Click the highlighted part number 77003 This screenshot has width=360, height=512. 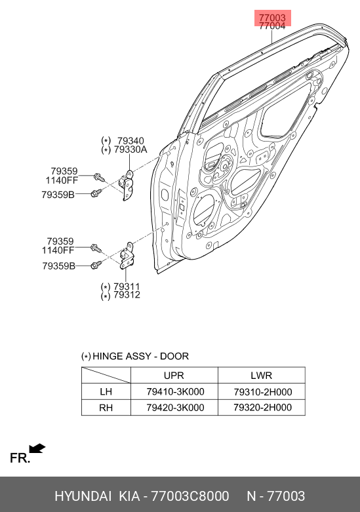point(272,18)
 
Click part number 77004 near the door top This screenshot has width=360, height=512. point(272,26)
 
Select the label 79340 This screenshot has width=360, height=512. point(130,141)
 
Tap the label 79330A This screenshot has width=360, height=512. point(130,149)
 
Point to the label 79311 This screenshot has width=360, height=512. point(127,286)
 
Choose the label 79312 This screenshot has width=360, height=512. point(127,295)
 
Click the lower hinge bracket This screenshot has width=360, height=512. point(127,256)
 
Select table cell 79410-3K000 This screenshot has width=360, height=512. point(176,391)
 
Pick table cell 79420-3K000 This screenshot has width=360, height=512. point(176,408)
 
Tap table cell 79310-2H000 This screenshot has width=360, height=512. point(263,391)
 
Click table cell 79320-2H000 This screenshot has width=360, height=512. point(263,408)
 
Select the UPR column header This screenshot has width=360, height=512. point(174,376)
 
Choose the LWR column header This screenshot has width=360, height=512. point(262,376)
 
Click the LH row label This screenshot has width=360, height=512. point(106,391)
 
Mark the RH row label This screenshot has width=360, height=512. point(106,408)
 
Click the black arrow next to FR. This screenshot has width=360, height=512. point(37,448)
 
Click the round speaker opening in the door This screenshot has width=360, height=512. point(204,209)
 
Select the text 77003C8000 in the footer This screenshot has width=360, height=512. point(190,496)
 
